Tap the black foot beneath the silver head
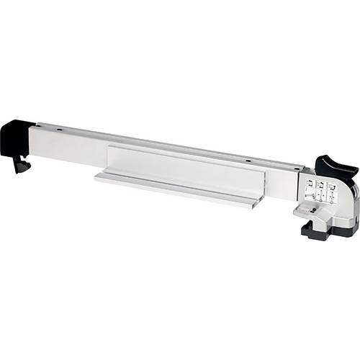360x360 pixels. [x=317, y=231]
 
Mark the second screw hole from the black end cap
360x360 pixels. [x=246, y=159]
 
